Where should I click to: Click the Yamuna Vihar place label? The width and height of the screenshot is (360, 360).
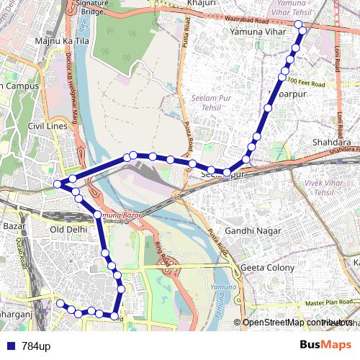tap(254, 32)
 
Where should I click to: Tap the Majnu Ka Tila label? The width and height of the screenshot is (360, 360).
tap(60, 41)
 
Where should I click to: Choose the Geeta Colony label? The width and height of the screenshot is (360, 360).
tap(267, 268)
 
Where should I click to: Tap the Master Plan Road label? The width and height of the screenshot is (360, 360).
tap(331, 302)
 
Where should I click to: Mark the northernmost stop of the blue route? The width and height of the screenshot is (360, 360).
tap(299, 24)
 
